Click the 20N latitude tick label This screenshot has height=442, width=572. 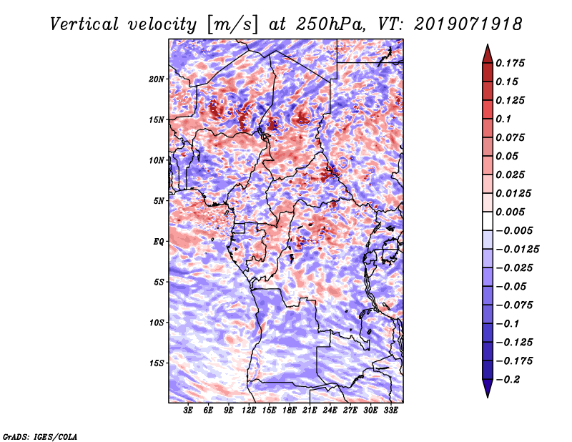[157, 79]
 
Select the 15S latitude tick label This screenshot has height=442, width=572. [157, 363]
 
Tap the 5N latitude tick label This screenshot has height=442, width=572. [159, 201]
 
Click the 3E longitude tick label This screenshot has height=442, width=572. [189, 411]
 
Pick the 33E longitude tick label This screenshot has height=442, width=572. [390, 411]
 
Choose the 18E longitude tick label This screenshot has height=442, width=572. [290, 411]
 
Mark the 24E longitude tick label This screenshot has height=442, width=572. [330, 411]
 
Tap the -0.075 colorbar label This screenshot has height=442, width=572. [516, 305]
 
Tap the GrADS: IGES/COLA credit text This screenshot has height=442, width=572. [40, 436]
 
